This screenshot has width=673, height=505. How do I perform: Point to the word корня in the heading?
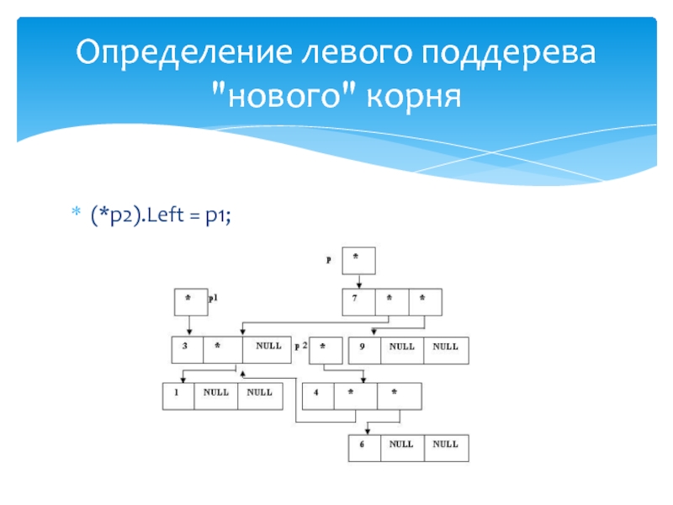tap(414, 96)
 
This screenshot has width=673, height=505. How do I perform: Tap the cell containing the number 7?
tap(357, 300)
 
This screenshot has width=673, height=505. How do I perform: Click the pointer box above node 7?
tap(357, 260)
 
